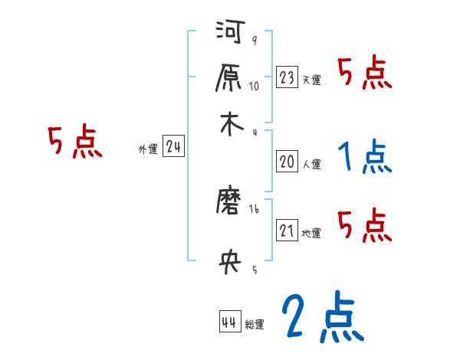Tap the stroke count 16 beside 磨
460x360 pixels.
(x=255, y=208)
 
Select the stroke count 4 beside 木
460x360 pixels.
(x=255, y=132)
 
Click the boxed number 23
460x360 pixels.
(x=287, y=77)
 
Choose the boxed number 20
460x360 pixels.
(x=287, y=162)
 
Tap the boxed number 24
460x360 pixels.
(x=173, y=147)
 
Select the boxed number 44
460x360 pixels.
(x=228, y=322)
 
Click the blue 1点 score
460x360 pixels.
(x=365, y=157)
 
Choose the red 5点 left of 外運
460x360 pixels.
(x=74, y=143)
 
